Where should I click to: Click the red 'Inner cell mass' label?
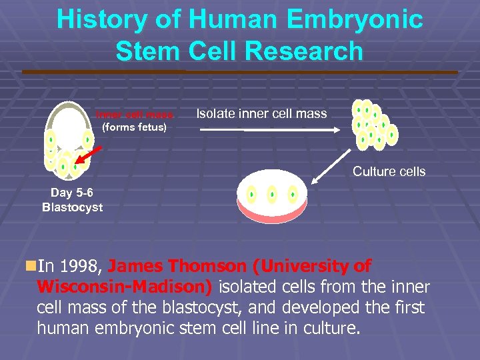point(134,114)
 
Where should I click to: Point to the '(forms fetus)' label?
point(134,127)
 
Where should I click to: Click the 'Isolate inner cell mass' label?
point(261,113)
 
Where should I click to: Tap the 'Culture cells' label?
point(389,171)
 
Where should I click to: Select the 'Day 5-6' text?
point(72,193)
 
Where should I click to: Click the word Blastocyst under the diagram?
point(72,207)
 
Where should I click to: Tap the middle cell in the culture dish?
point(272,194)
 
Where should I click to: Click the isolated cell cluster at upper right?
point(373,124)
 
